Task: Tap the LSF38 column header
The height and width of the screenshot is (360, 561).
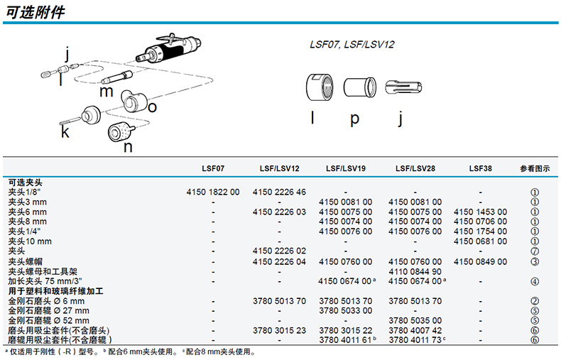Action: pos(480,168)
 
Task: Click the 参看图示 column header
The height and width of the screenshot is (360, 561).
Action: pos(535,168)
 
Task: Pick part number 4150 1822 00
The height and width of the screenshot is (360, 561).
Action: pos(213,192)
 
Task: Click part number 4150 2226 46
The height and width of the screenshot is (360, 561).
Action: pos(279,192)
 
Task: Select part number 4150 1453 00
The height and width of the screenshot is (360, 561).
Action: pos(480,212)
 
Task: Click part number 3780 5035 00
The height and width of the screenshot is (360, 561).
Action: pos(415,320)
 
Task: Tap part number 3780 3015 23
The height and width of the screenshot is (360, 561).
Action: pos(279,330)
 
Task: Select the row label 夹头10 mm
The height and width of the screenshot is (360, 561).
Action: pos(30,241)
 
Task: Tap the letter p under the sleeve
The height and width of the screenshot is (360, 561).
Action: pos(354,119)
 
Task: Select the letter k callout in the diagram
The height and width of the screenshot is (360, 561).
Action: pos(65,131)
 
